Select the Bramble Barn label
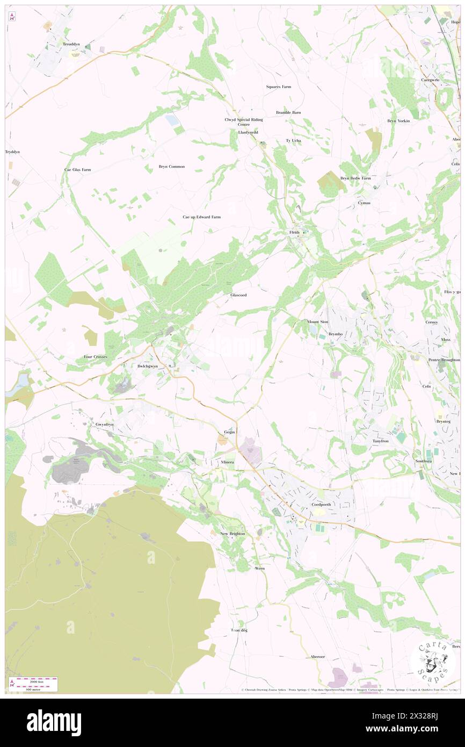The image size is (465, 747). (288, 112)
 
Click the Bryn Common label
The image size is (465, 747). (171, 167)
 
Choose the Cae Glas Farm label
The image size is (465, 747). (78, 169)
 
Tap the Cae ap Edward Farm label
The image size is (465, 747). (201, 217)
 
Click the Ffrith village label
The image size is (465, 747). (294, 233)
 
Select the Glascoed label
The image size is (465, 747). (238, 295)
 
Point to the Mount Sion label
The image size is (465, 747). (317, 322)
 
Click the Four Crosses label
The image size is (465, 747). (95, 357)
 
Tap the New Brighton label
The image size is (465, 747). (233, 534)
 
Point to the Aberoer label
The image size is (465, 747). (318, 657)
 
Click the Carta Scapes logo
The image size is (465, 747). (432, 662)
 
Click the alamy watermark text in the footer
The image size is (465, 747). (54, 723)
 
